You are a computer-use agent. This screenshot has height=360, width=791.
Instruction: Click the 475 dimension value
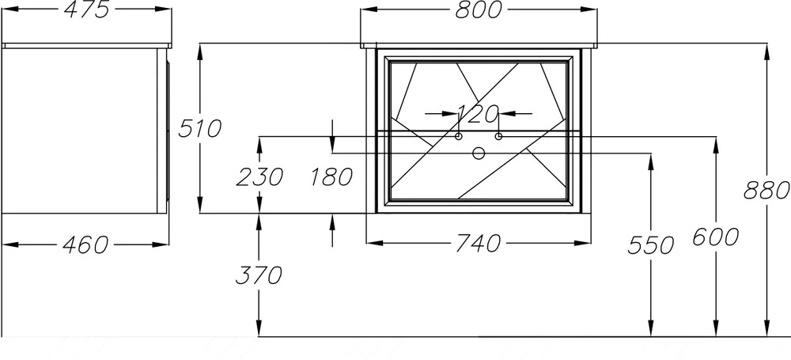(x=87, y=9)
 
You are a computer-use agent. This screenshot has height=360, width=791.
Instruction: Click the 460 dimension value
(x=85, y=245)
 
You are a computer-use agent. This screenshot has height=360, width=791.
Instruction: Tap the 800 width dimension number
(x=479, y=9)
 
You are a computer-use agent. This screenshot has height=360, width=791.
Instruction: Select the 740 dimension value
(x=479, y=244)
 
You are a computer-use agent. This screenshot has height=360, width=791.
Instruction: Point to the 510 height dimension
(x=200, y=129)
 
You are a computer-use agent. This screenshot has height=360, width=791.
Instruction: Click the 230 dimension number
(x=259, y=176)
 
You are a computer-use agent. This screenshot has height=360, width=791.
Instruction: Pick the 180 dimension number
(x=331, y=176)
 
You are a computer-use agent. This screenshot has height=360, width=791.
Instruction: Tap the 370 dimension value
(x=259, y=275)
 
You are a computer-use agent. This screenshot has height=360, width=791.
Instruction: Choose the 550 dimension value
(x=651, y=245)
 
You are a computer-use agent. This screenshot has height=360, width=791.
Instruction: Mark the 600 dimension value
(x=716, y=237)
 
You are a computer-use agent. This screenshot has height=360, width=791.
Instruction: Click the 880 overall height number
(x=766, y=191)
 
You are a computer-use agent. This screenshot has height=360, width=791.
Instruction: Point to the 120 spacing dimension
(x=478, y=114)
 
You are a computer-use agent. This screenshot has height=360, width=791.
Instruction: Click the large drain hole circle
(x=479, y=153)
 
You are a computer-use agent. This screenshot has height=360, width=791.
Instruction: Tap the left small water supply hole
(x=459, y=136)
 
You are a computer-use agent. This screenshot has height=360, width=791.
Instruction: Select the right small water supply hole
(x=498, y=136)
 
